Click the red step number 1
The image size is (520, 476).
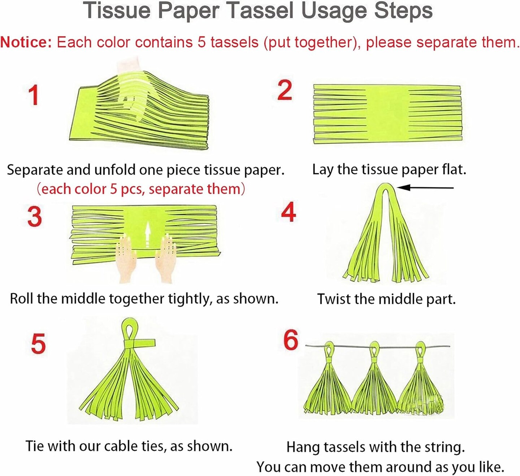coord(34,95)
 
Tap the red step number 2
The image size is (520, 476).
coord(285,90)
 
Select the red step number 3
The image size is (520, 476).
coord(35,216)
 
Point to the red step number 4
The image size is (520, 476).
coord(289,212)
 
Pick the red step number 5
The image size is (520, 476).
coord(38,343)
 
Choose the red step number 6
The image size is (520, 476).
coord(291,340)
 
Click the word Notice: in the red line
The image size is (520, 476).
coord(26,42)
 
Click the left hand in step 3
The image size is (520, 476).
coord(126,258)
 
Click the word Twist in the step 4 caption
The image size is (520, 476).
coord(334,299)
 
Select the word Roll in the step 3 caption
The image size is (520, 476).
coord(22,299)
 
